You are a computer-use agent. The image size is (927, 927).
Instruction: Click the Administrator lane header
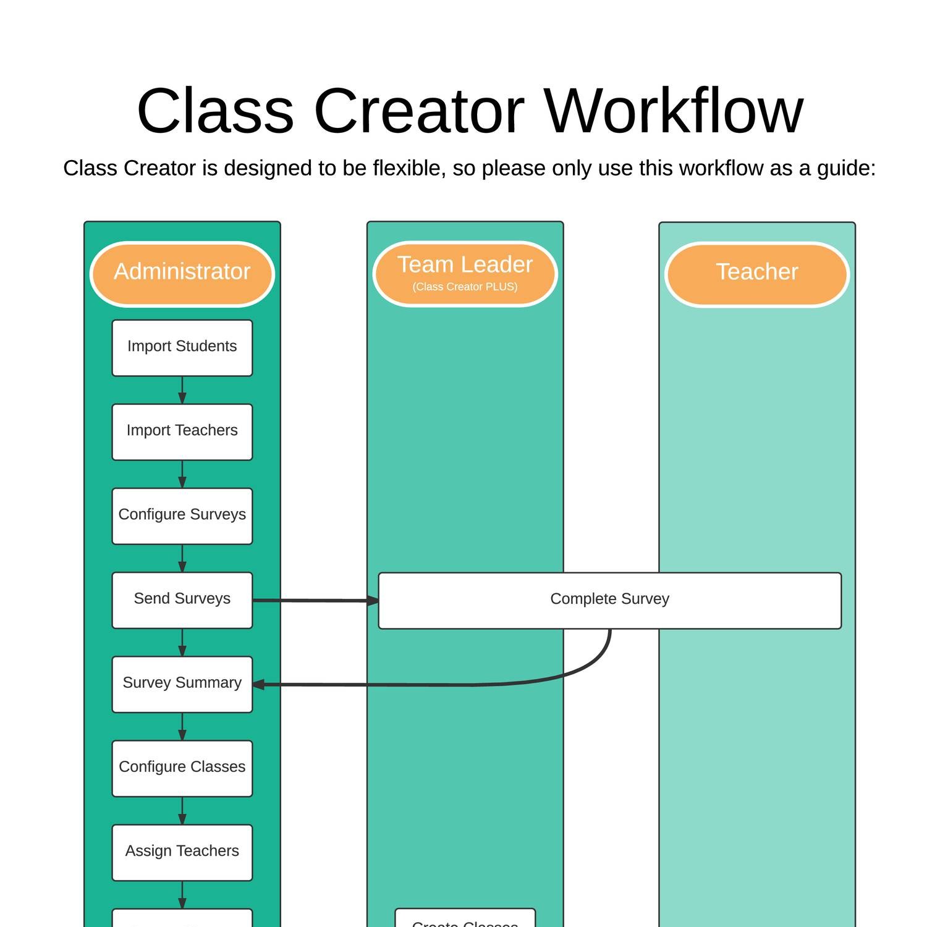[x=182, y=273]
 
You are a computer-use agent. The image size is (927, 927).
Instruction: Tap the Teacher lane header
[x=756, y=273]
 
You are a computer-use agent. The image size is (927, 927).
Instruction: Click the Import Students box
[x=182, y=347]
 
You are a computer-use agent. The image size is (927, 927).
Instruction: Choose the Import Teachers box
[x=182, y=431]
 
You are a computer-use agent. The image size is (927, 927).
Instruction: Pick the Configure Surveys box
[x=182, y=515]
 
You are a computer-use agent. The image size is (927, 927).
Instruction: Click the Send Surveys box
[x=182, y=599]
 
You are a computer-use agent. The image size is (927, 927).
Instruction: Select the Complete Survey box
[x=609, y=600]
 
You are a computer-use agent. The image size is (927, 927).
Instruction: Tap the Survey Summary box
[x=182, y=684]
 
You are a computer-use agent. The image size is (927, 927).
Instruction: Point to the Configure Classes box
[x=182, y=768]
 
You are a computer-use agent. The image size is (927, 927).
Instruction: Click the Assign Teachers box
[x=182, y=852]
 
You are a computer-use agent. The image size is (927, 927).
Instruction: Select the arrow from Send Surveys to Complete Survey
[x=315, y=600]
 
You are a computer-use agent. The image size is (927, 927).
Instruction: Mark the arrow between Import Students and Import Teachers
[x=182, y=390]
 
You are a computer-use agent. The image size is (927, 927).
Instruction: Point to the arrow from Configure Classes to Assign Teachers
[x=182, y=810]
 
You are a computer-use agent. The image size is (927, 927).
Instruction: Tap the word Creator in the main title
[x=419, y=111]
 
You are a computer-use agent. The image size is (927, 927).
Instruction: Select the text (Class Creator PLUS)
[x=465, y=287]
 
